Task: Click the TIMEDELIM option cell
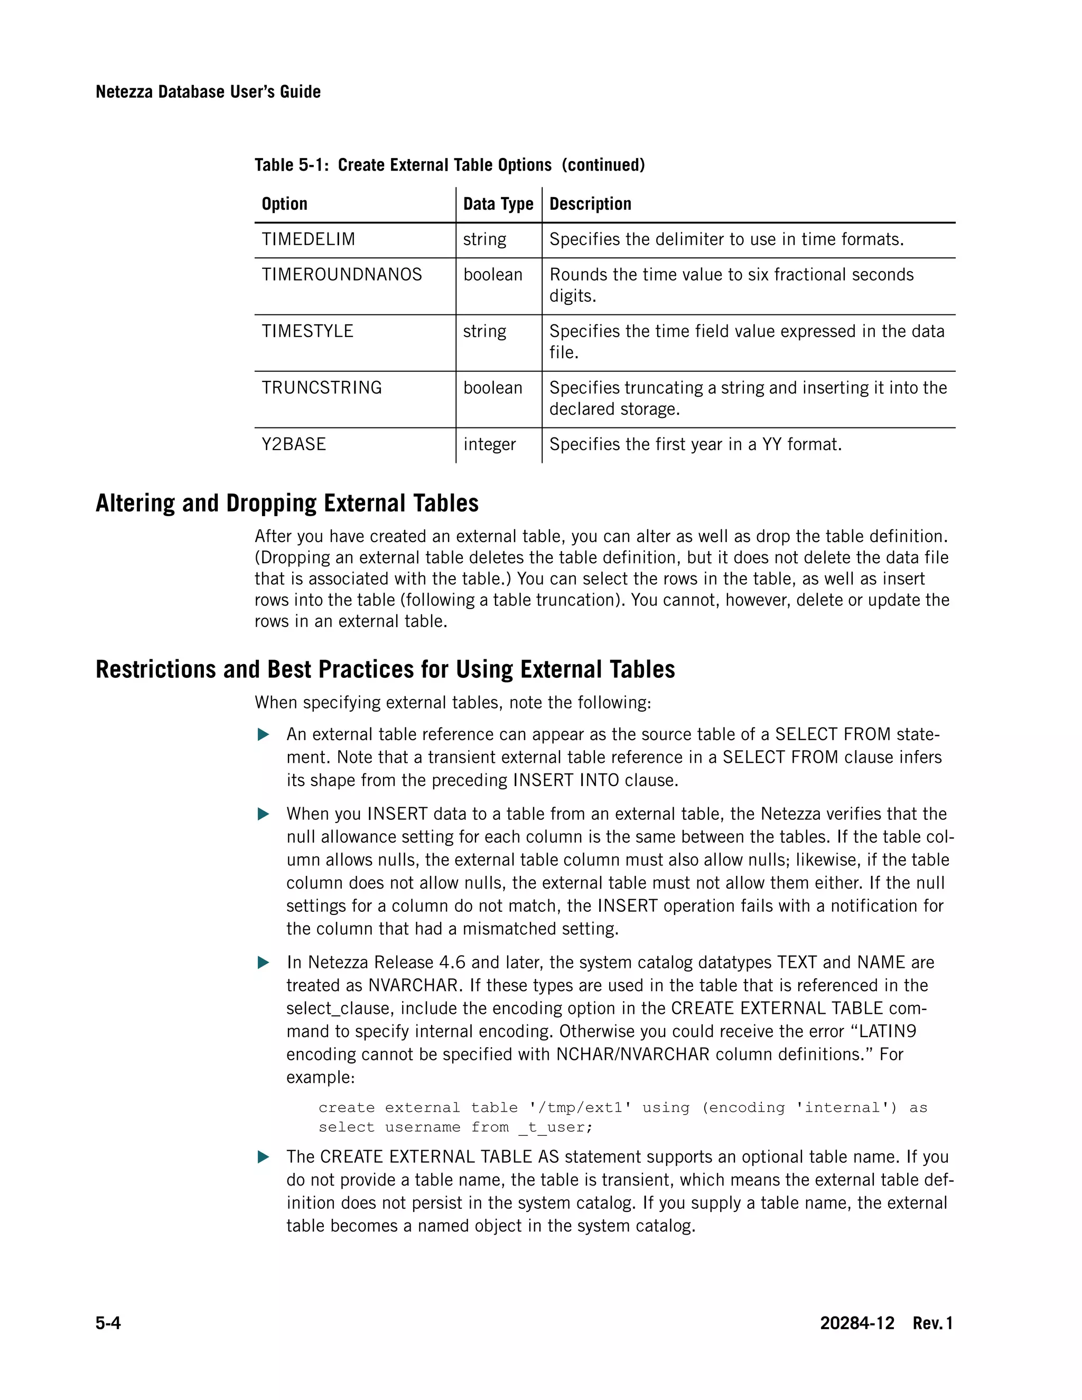tap(309, 239)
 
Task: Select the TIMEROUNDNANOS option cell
tap(342, 274)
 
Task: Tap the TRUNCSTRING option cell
tap(321, 388)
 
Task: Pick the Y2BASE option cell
tap(294, 444)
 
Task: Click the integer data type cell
tap(489, 444)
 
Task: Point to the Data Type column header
tap(498, 204)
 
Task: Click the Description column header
tap(590, 204)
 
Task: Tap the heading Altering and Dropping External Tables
tap(286, 503)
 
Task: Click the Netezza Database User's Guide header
tap(208, 92)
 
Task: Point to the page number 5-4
tap(108, 1323)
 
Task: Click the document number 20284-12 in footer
tap(856, 1323)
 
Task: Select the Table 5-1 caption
tap(449, 165)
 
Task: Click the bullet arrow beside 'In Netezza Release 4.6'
tap(263, 963)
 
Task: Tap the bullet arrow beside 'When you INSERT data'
tap(263, 814)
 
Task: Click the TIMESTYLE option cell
tap(307, 331)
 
